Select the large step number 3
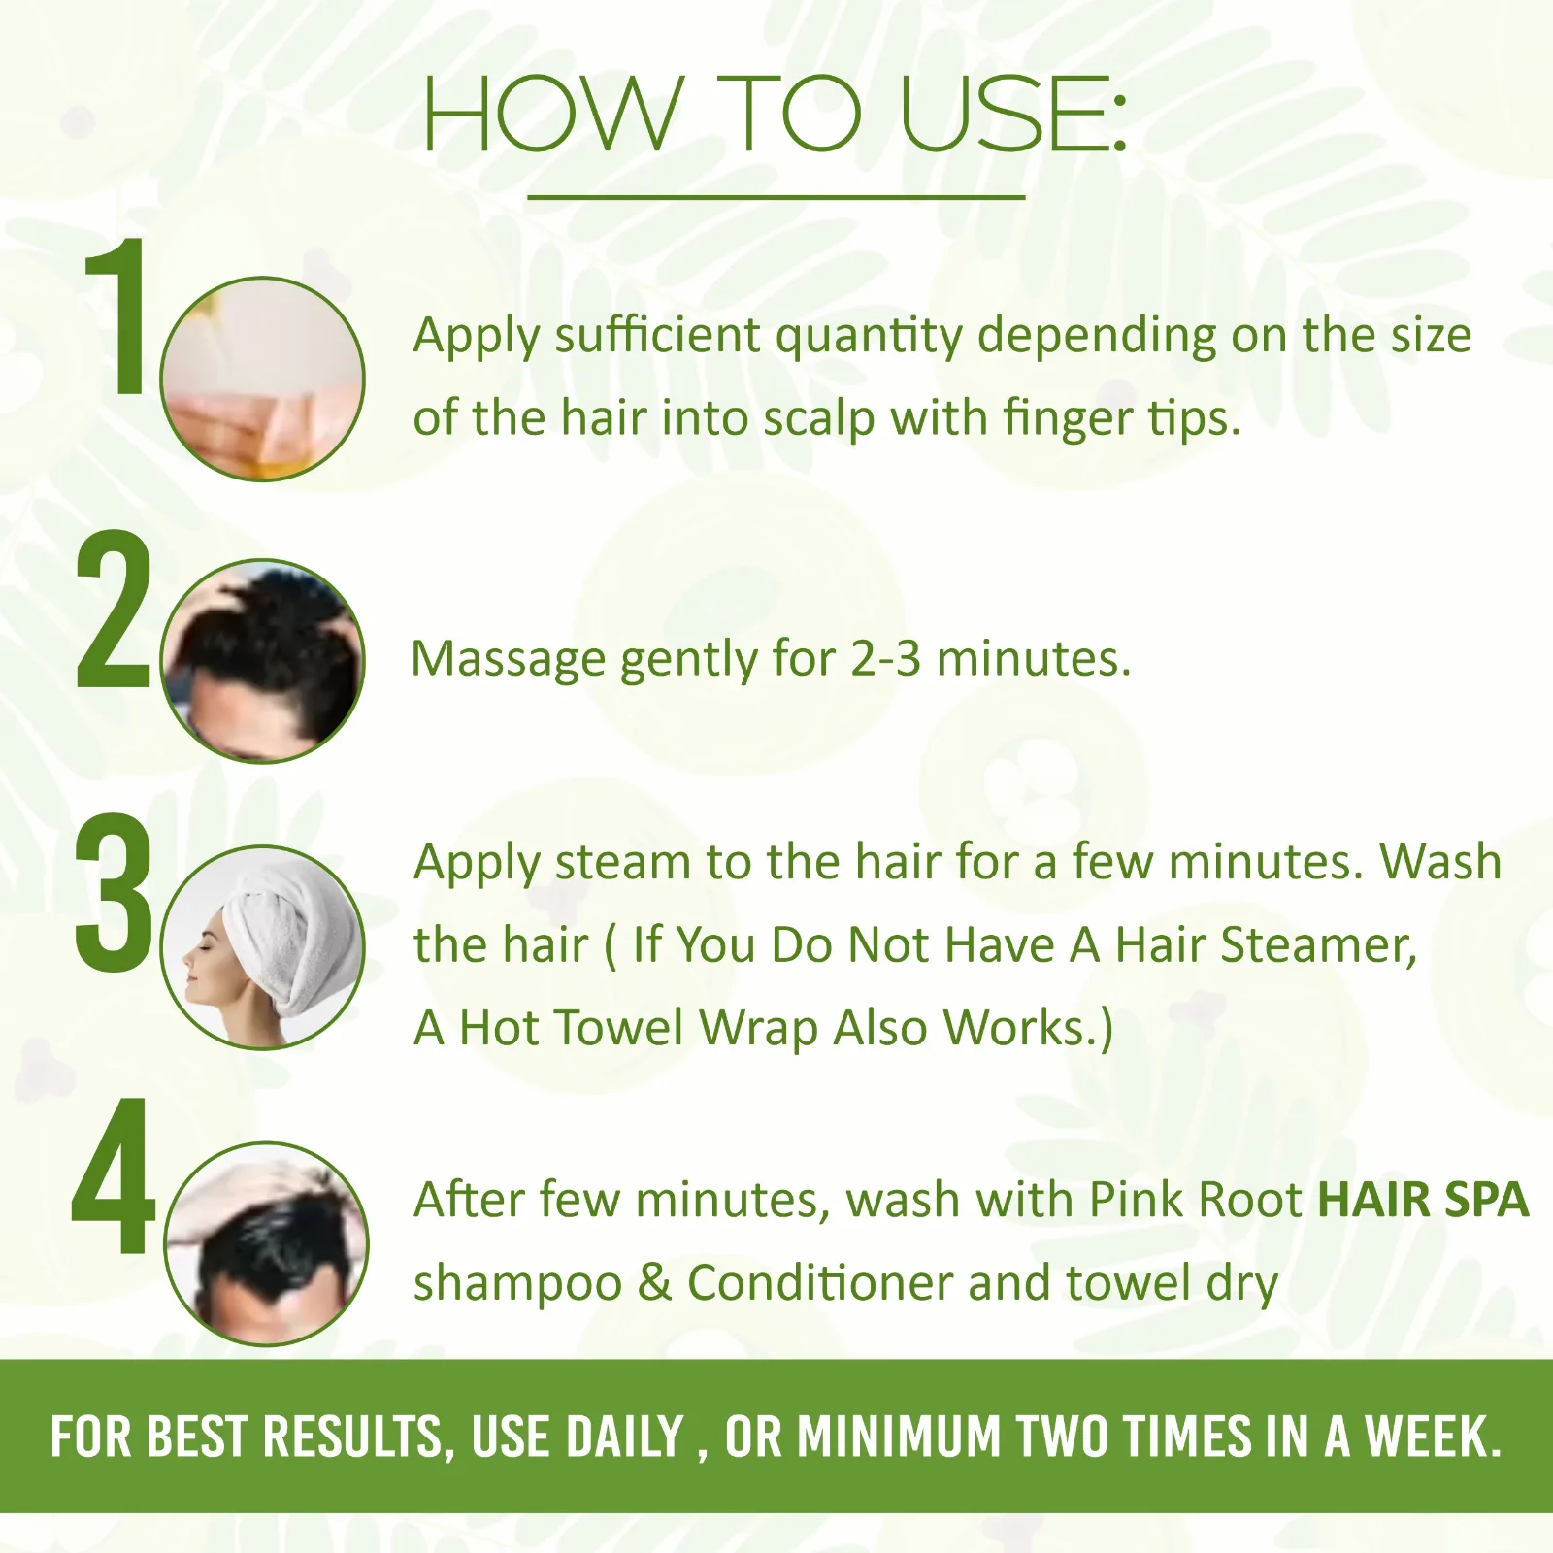pos(114,893)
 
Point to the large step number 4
pos(113,1175)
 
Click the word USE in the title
pos(1014,115)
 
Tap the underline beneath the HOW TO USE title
pos(776,197)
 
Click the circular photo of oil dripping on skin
pos(262,379)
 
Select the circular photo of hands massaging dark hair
pos(262,661)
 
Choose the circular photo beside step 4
pos(266,1243)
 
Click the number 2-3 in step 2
pos(885,658)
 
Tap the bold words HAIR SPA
pos(1423,1200)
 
